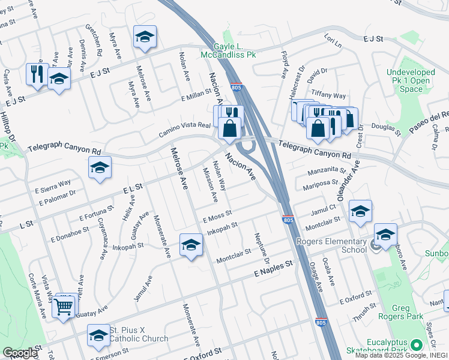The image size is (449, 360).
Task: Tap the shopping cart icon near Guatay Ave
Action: click(x=64, y=307)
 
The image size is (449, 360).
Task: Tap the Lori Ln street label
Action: click(x=332, y=42)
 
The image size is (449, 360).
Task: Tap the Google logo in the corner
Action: click(x=20, y=353)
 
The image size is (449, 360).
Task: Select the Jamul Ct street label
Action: click(x=324, y=207)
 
